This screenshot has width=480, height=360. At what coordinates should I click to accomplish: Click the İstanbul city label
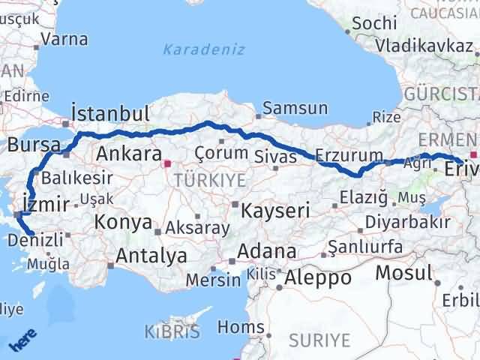(109, 114)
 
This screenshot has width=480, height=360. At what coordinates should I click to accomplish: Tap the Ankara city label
(129, 154)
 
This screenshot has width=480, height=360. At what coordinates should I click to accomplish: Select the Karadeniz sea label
(194, 51)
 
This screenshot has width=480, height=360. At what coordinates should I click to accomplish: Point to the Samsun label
(297, 108)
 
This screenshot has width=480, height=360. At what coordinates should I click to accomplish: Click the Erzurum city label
(349, 154)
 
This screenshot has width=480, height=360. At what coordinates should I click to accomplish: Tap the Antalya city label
(151, 256)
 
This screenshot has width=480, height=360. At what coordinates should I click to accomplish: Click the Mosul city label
(404, 272)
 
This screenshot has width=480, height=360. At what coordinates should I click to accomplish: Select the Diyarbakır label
(409, 223)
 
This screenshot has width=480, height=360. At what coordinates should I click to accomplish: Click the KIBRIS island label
(173, 331)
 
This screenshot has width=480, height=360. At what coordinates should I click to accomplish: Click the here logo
(22, 341)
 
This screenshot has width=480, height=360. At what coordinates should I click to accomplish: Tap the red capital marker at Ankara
(168, 161)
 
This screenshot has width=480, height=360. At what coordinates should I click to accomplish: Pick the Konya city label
(122, 223)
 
